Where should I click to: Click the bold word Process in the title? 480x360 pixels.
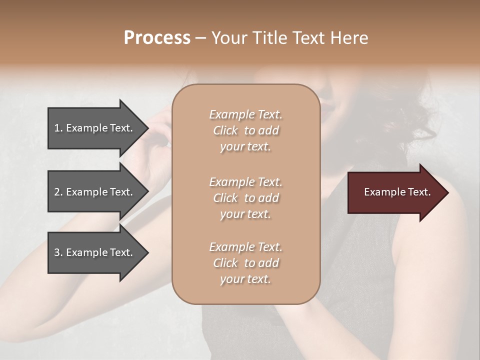pyautogui.click(x=157, y=38)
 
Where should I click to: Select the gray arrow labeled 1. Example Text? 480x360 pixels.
pyautogui.click(x=95, y=128)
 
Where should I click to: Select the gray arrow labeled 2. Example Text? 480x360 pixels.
pyautogui.click(x=95, y=192)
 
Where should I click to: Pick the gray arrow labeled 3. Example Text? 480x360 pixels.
pyautogui.click(x=95, y=252)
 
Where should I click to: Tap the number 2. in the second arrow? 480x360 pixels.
pyautogui.click(x=58, y=192)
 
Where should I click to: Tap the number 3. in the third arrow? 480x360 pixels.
pyautogui.click(x=58, y=252)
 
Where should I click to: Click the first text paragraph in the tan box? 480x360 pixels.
pyautogui.click(x=245, y=130)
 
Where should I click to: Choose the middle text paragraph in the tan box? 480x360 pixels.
pyautogui.click(x=245, y=198)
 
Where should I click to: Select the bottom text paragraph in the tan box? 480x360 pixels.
pyautogui.click(x=245, y=263)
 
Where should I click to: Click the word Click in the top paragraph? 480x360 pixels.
pyautogui.click(x=225, y=130)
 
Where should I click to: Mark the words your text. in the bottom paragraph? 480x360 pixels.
pyautogui.click(x=245, y=279)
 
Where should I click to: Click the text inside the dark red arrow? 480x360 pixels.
pyautogui.click(x=397, y=192)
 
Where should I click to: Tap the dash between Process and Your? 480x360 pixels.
pyautogui.click(x=200, y=38)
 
